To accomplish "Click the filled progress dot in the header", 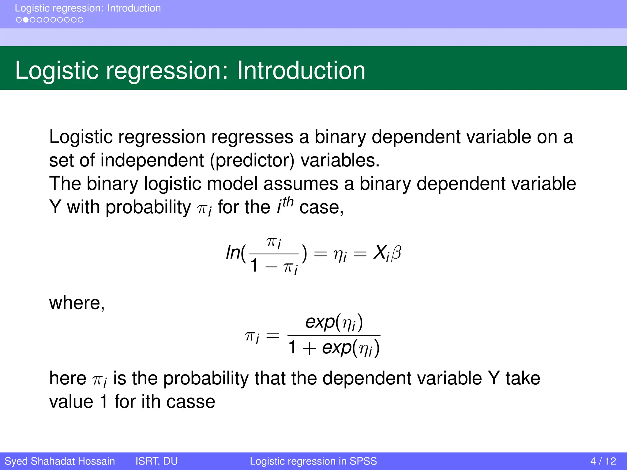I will point(26,20).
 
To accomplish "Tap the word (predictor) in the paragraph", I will point(252,160).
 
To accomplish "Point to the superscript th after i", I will point(288,202).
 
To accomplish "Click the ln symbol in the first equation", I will point(233,253).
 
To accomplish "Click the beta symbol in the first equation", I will point(396,253).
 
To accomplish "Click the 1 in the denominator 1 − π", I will point(254,265).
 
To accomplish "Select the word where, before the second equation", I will point(77,303).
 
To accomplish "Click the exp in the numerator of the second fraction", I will point(320,322).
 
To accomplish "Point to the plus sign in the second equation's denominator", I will point(310,349).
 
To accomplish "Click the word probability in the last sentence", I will point(206,379).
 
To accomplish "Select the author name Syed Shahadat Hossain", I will point(60,461).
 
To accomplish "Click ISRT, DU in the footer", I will point(156,461).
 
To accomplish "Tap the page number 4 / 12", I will point(603,461).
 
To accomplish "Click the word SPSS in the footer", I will point(363,461).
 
